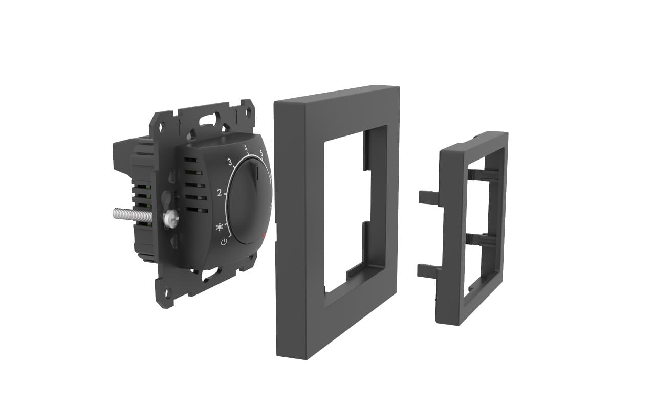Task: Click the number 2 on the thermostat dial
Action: [x=220, y=193]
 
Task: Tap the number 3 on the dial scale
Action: [x=230, y=162]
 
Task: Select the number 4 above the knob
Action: [x=246, y=148]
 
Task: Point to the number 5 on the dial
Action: [x=261, y=153]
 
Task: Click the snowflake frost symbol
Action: [x=219, y=228]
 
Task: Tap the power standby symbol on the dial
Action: [x=224, y=242]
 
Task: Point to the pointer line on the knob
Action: [x=257, y=173]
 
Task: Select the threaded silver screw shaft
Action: [x=133, y=214]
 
